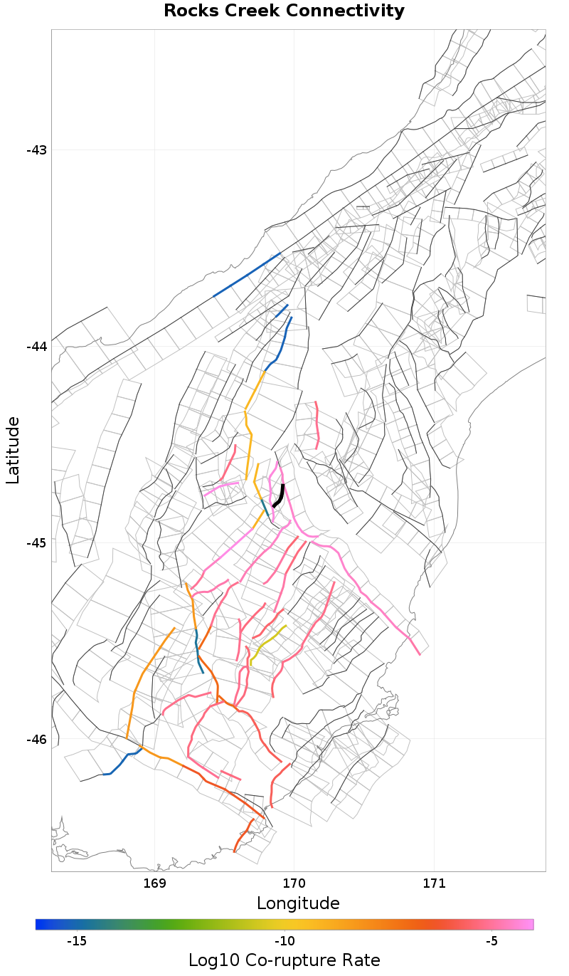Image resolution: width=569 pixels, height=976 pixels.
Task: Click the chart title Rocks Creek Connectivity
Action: [x=284, y=11]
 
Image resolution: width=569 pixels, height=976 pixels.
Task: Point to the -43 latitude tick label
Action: [x=36, y=150]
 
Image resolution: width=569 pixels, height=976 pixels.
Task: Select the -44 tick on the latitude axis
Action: [x=36, y=347]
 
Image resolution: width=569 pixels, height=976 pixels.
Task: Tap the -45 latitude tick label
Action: [x=36, y=543]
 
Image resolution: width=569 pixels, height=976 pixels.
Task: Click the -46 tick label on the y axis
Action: [x=36, y=740]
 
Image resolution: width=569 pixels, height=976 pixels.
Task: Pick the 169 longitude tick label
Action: [x=154, y=884]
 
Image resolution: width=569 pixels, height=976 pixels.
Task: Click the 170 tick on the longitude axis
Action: [x=294, y=884]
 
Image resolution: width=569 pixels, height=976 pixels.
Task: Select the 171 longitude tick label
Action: [x=433, y=884]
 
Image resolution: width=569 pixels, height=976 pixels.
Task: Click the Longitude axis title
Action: [x=298, y=903]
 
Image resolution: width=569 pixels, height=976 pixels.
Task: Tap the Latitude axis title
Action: [x=14, y=451]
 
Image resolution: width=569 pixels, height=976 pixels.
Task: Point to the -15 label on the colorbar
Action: [x=77, y=941]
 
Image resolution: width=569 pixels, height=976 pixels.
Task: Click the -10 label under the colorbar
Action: [x=284, y=941]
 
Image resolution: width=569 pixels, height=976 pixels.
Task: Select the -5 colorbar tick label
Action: [x=491, y=941]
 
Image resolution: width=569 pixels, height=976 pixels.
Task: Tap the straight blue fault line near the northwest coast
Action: [x=246, y=275]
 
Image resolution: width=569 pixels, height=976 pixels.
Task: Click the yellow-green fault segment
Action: [x=267, y=641]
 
